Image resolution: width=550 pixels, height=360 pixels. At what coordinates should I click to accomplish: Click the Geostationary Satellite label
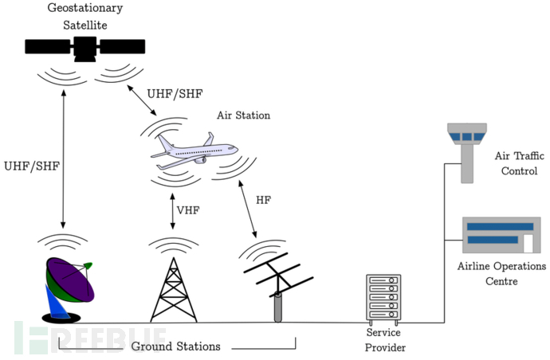coord(84,16)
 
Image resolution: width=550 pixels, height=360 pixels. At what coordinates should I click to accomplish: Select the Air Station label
coord(243,115)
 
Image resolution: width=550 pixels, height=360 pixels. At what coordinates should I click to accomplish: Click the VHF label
coord(187,210)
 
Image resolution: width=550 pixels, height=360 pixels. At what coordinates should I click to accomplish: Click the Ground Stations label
coord(175,346)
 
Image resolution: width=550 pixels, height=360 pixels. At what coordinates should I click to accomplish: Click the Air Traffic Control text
coord(516,163)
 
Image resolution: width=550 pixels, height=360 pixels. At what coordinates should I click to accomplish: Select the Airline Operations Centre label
coord(501,273)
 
